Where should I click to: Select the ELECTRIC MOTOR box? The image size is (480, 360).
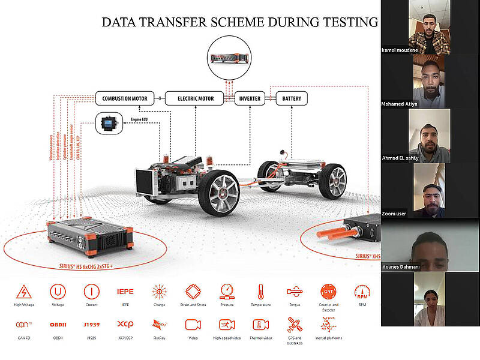(189, 98)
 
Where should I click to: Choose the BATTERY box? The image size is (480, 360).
(292, 98)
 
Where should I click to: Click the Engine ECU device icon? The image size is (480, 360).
(109, 123)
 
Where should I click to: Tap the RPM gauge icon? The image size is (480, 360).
(362, 292)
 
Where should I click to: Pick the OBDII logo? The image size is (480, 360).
(58, 325)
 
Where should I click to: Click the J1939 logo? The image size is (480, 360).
(91, 325)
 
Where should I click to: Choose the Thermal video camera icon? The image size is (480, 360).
(260, 325)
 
